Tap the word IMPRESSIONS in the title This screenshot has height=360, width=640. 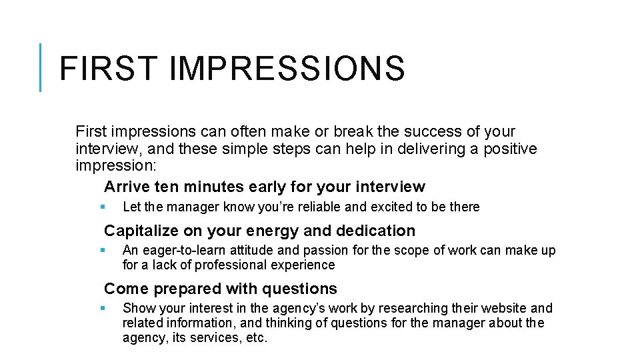[287, 69]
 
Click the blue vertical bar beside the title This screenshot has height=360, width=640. [41, 67]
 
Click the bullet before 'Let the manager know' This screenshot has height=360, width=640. [102, 207]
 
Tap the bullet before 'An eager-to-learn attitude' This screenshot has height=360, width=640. [102, 251]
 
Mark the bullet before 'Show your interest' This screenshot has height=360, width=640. [102, 308]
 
